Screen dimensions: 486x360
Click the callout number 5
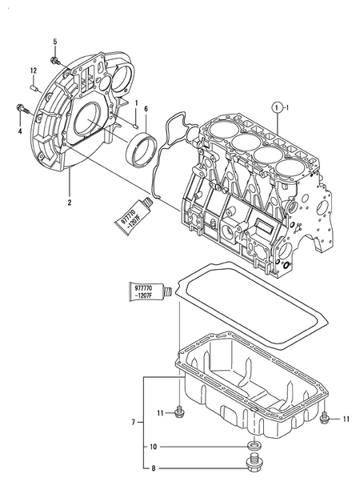pyautogui.click(x=54, y=41)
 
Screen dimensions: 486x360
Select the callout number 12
pyautogui.click(x=33, y=70)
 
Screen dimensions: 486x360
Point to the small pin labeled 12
pyautogui.click(x=34, y=82)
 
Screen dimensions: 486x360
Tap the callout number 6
pyautogui.click(x=146, y=109)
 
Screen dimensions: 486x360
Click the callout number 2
pyautogui.click(x=70, y=203)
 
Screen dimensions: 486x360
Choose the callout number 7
pyautogui.click(x=134, y=420)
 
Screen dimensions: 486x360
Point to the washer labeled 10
pyautogui.click(x=254, y=444)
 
